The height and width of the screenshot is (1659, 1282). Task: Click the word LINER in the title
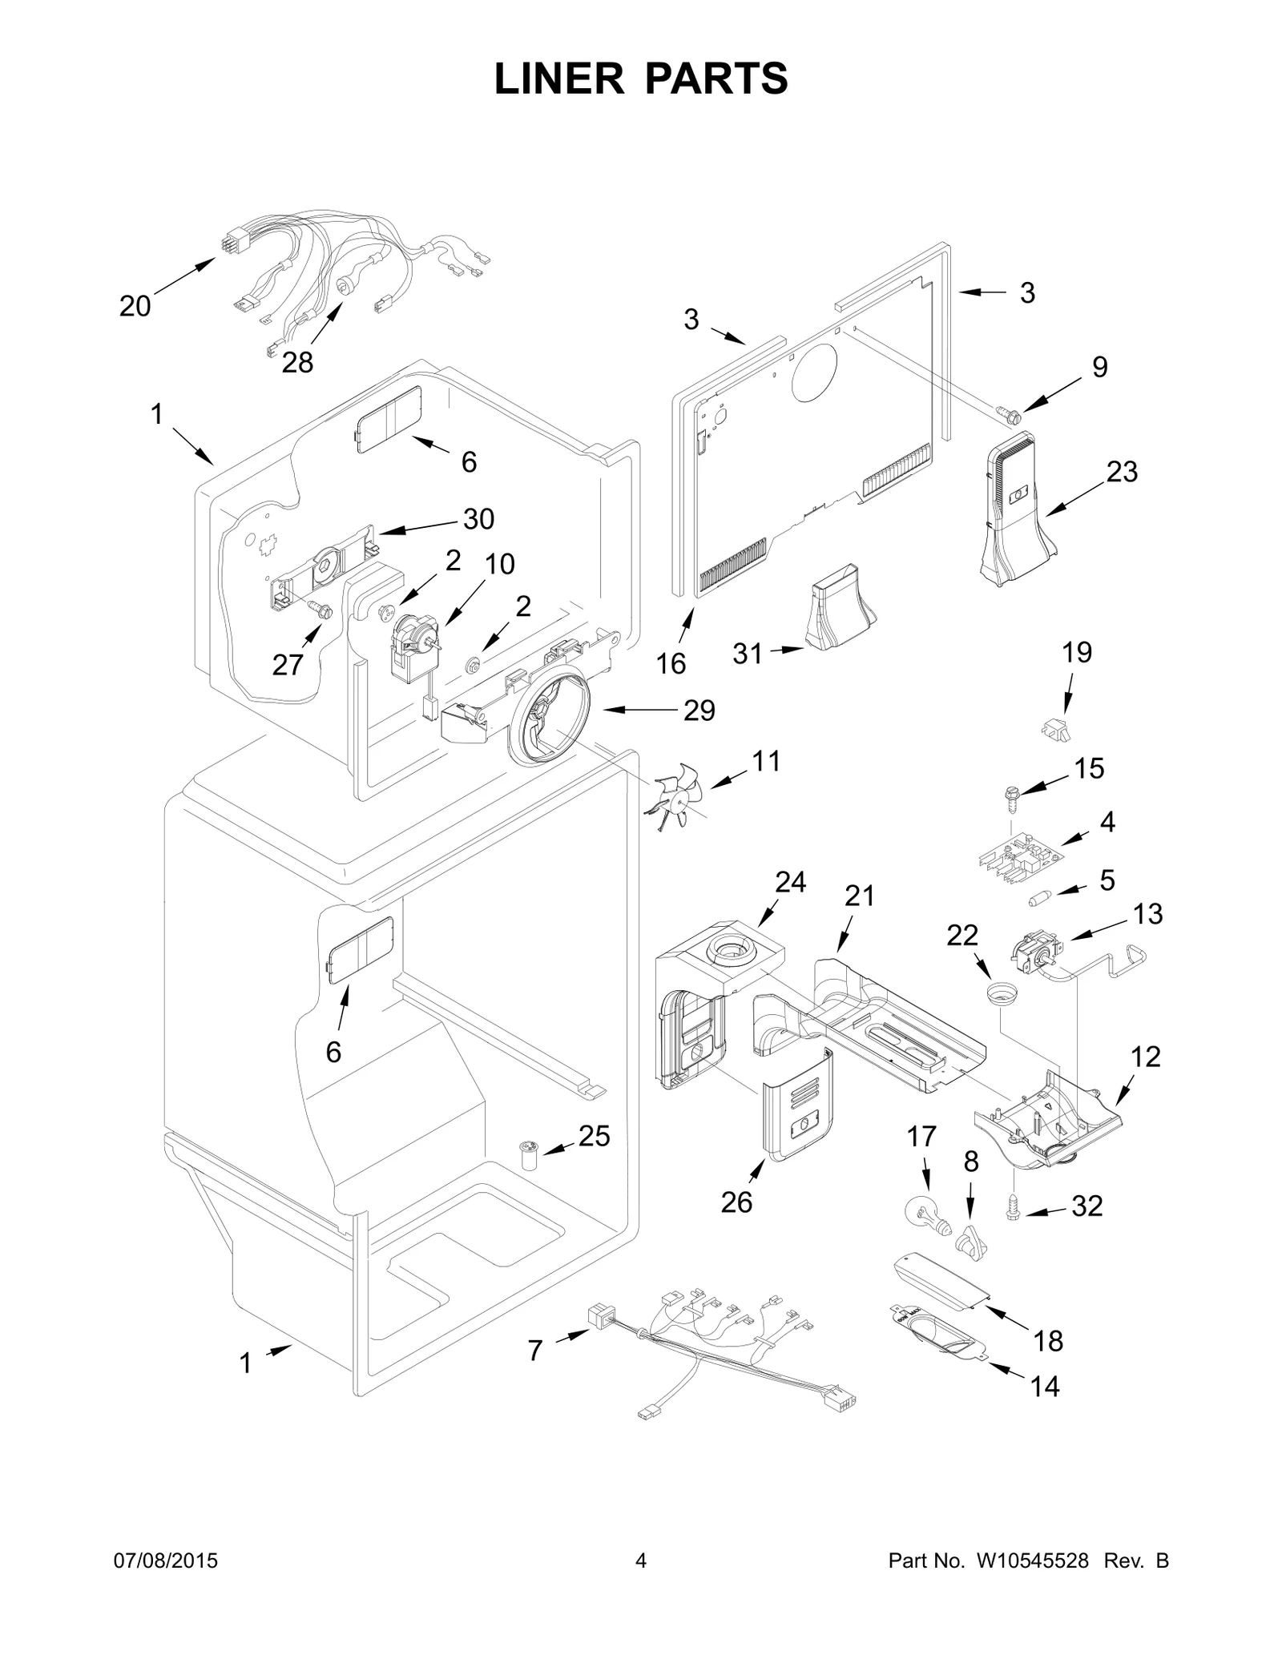tap(558, 79)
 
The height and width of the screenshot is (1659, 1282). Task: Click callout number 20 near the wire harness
tap(135, 306)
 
